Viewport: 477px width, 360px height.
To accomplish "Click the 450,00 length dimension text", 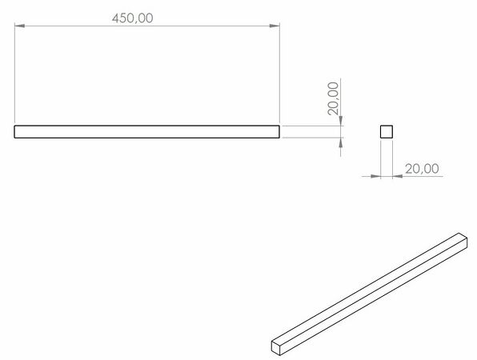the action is (x=132, y=18).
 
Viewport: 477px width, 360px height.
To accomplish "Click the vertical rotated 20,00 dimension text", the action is (x=333, y=98).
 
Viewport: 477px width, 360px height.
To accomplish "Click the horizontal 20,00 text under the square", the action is (x=422, y=169).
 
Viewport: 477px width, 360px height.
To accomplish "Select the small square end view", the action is (x=387, y=132).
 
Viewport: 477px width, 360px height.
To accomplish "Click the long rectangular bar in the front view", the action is (x=146, y=132).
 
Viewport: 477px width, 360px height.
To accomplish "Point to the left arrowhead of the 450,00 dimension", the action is (x=19, y=26).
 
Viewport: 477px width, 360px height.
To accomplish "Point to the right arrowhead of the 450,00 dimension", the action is (x=275, y=26).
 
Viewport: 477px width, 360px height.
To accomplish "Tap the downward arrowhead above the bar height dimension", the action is (x=340, y=121).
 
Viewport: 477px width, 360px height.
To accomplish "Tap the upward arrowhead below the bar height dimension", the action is (x=340, y=142).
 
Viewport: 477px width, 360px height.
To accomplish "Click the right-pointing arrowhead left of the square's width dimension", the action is (x=375, y=176).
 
